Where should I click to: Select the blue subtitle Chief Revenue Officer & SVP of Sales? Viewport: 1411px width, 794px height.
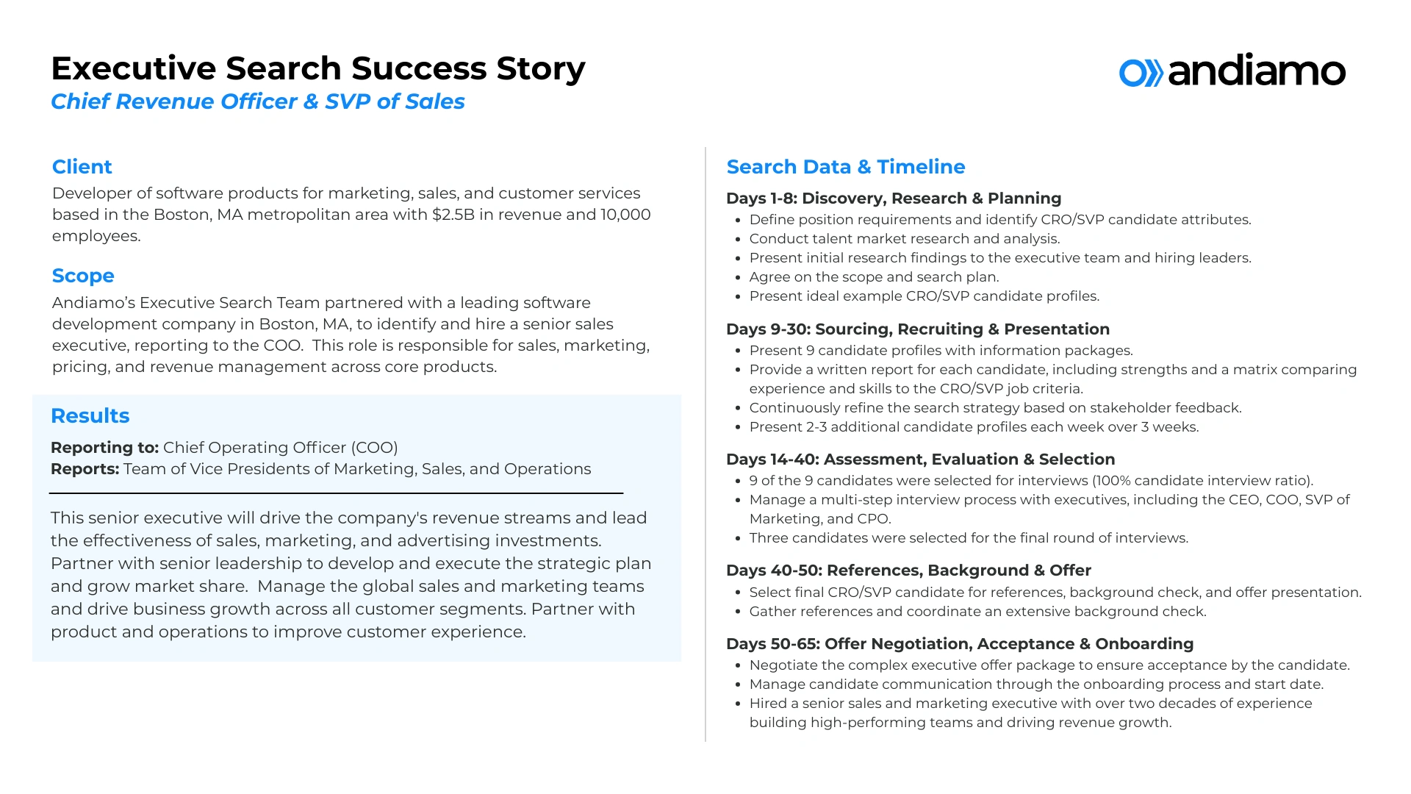tap(257, 101)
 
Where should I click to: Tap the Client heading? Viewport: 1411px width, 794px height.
tap(82, 167)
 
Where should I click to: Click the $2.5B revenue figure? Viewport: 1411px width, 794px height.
tap(453, 215)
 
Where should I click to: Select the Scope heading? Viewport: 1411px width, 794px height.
tap(83, 276)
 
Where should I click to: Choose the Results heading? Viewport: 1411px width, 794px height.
tap(90, 416)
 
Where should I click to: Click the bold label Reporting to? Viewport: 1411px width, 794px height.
tap(104, 448)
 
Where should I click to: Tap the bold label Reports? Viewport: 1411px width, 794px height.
tap(85, 469)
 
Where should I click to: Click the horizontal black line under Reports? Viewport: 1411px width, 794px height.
tap(336, 493)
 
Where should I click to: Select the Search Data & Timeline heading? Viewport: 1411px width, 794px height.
tap(845, 167)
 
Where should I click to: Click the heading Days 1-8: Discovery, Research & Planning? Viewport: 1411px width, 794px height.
tap(893, 198)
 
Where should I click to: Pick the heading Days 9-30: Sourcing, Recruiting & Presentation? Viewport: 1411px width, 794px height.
tap(917, 329)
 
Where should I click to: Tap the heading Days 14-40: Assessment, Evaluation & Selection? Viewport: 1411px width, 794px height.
tap(920, 459)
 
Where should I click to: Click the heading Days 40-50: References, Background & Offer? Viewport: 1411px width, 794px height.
tap(908, 571)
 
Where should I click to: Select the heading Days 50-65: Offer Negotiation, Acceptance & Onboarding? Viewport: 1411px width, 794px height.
tap(959, 644)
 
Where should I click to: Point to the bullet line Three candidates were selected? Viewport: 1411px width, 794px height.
tap(968, 538)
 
